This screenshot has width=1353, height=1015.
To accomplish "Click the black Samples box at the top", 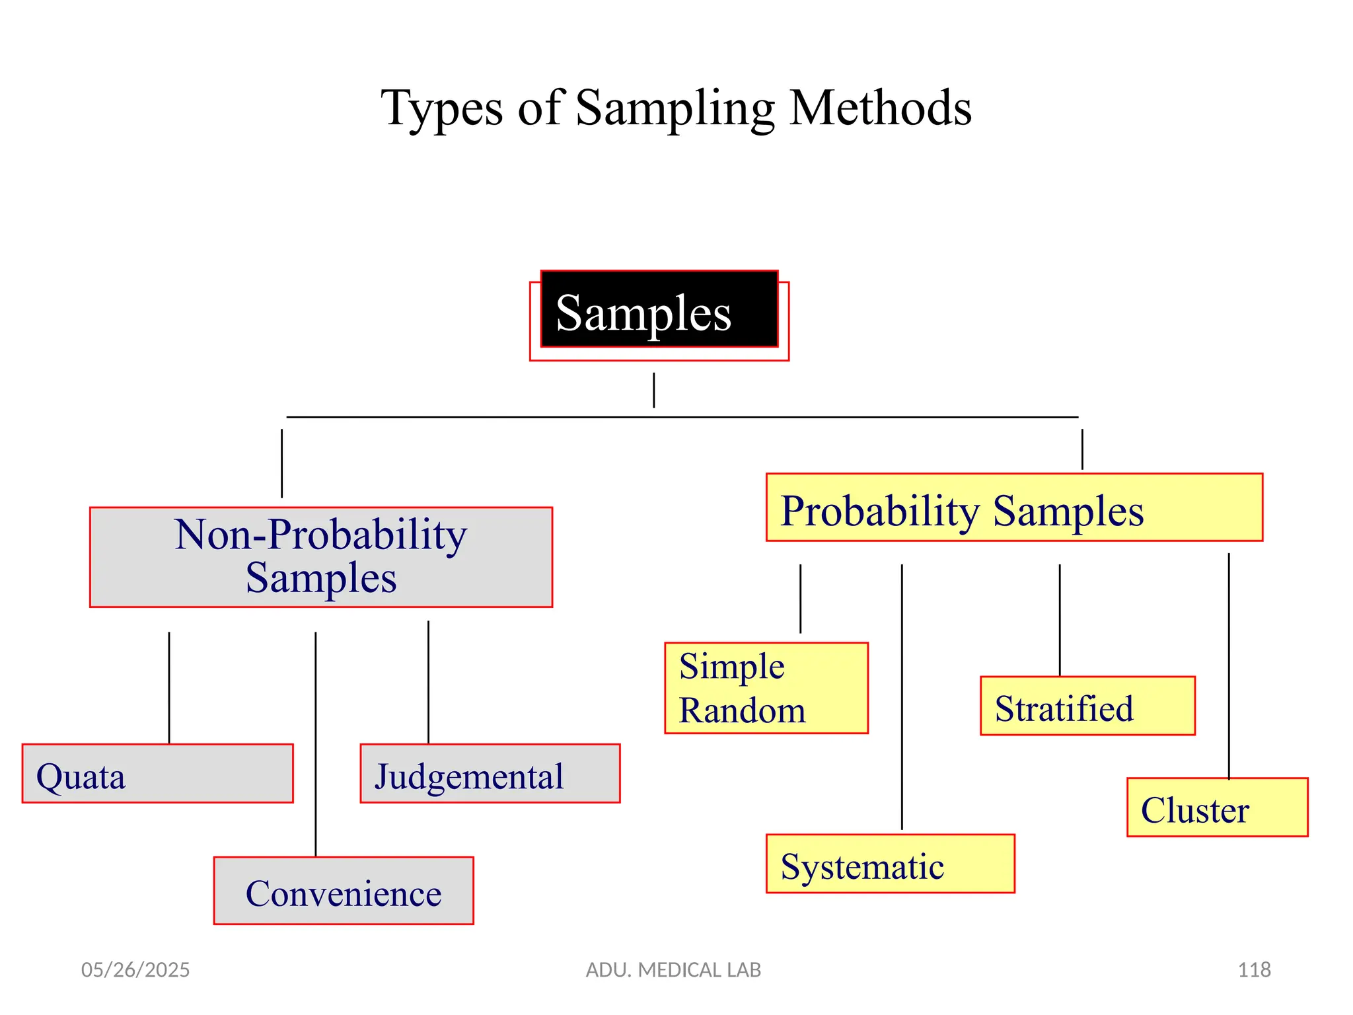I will (659, 309).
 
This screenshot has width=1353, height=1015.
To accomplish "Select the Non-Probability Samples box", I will (321, 557).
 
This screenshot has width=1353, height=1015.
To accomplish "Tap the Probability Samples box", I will (1014, 507).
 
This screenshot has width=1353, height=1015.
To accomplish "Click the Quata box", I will (157, 774).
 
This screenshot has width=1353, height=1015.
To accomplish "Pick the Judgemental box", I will (490, 774).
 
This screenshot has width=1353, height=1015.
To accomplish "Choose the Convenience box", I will (344, 891).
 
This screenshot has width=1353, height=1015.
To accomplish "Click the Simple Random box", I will (766, 688).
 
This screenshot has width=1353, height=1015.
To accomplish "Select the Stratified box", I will (1087, 706).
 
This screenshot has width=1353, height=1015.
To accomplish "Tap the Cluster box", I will (1217, 808).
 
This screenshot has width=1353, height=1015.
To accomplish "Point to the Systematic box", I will (890, 864).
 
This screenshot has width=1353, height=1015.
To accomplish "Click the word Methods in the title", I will (880, 108).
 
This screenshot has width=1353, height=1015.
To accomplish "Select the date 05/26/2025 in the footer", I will (135, 969).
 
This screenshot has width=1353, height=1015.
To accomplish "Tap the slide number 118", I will (1254, 969).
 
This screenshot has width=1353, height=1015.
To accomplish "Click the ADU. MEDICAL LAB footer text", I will (673, 969).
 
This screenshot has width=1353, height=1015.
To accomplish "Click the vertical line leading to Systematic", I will (902, 696).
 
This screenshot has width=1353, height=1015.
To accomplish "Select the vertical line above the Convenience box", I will (316, 743).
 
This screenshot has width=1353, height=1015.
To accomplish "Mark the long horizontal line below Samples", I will (682, 417).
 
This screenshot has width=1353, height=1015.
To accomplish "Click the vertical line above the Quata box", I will (169, 687).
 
